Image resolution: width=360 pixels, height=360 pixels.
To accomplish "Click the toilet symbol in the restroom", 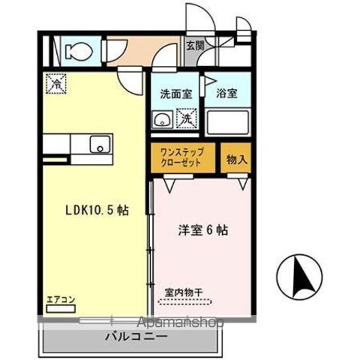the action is click(x=79, y=51).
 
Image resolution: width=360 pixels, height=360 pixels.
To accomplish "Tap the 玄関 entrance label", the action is click(x=195, y=46).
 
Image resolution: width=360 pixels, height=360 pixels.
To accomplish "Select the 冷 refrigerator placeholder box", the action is click(x=56, y=84).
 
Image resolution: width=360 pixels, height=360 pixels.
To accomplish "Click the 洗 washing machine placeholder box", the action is click(x=187, y=118).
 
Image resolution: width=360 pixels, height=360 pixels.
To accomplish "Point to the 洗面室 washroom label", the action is click(x=176, y=94).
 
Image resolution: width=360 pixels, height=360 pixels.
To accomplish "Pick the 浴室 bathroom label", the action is click(x=227, y=93).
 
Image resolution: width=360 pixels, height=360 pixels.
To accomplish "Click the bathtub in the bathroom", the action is click(x=228, y=123).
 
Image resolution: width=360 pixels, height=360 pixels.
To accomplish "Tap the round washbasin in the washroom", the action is click(x=162, y=119).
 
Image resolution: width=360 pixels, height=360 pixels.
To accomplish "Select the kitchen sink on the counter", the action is click(x=100, y=145).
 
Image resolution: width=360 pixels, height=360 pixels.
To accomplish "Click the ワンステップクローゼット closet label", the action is click(x=182, y=157).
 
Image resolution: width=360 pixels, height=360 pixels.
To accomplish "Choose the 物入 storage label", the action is click(x=237, y=159).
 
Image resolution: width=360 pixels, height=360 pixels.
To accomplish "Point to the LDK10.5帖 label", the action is click(x=97, y=210).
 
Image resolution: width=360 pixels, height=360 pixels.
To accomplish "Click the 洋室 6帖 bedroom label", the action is click(x=203, y=230).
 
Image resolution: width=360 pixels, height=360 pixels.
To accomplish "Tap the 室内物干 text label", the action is click(x=184, y=292).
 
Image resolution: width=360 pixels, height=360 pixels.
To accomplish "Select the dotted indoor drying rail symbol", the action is click(x=185, y=301).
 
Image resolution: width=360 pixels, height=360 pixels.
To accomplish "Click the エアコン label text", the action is click(x=61, y=300).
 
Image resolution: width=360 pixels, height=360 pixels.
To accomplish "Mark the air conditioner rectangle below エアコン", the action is click(x=61, y=309).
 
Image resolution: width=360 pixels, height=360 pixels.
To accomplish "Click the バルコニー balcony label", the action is click(x=136, y=337).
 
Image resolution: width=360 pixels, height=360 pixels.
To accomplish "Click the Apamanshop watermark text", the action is click(x=180, y=322).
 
